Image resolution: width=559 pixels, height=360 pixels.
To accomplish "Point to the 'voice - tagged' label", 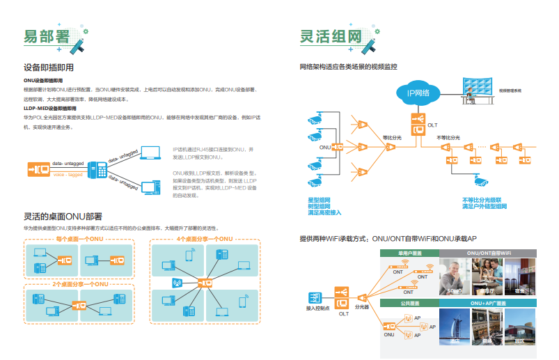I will (x=68, y=174).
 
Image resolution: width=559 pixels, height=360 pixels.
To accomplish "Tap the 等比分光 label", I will (x=392, y=138).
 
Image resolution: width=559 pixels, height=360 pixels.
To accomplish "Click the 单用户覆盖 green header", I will (x=409, y=253).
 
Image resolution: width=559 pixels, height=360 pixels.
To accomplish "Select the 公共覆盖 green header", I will (x=409, y=304).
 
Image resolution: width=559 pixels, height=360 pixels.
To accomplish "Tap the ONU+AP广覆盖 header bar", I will (x=489, y=304).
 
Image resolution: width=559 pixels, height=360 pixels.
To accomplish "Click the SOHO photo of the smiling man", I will (x=456, y=275).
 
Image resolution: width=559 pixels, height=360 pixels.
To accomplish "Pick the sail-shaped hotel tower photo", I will (x=456, y=326).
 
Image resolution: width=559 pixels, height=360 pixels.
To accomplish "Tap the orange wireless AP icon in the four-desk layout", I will (x=177, y=283).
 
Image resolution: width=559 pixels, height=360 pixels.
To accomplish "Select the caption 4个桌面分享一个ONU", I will (x=205, y=239).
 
